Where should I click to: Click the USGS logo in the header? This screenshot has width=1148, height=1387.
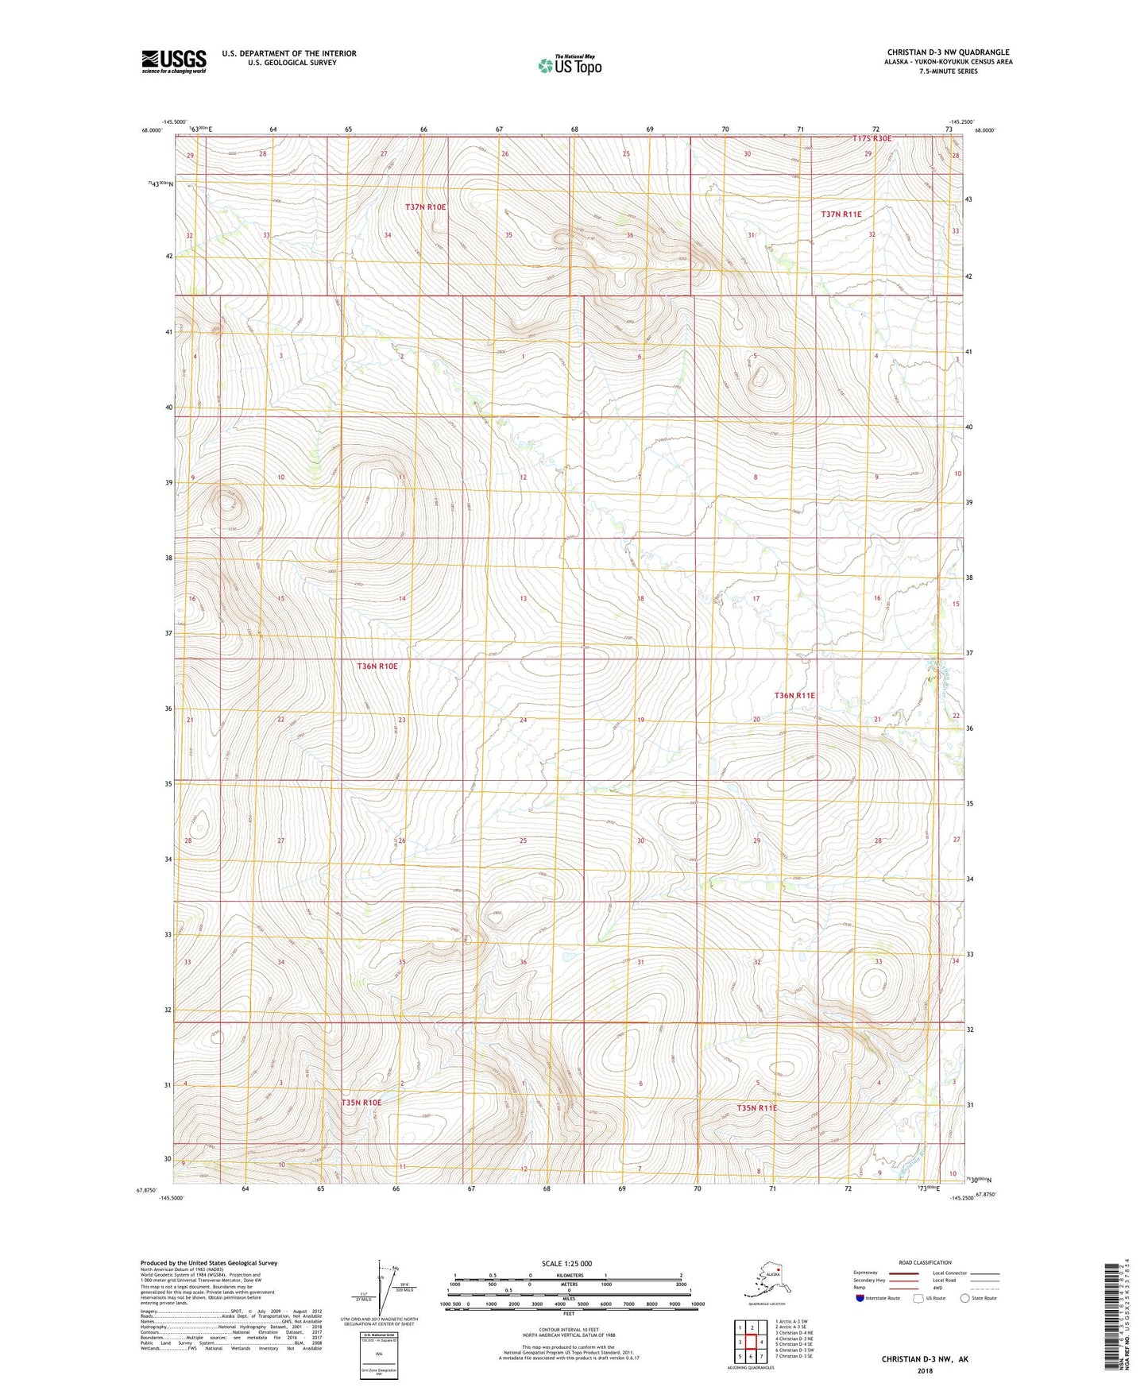click(x=174, y=61)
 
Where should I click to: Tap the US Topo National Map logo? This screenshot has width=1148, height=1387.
click(x=569, y=64)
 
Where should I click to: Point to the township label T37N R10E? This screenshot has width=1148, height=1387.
click(x=426, y=207)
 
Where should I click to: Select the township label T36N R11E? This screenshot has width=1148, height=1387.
click(x=794, y=695)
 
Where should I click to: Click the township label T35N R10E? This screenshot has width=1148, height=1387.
click(x=361, y=1103)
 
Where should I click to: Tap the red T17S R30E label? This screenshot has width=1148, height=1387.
click(x=872, y=139)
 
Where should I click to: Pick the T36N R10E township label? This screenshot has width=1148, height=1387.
click(x=377, y=666)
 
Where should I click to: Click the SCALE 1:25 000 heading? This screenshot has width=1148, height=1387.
click(x=566, y=1264)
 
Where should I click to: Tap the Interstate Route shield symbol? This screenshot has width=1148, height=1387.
click(x=860, y=1298)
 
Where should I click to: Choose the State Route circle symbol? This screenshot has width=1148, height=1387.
click(x=965, y=1298)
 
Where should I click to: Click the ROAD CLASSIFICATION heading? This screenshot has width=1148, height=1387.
click(x=925, y=1262)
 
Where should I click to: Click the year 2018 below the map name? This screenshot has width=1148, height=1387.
click(x=925, y=1370)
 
